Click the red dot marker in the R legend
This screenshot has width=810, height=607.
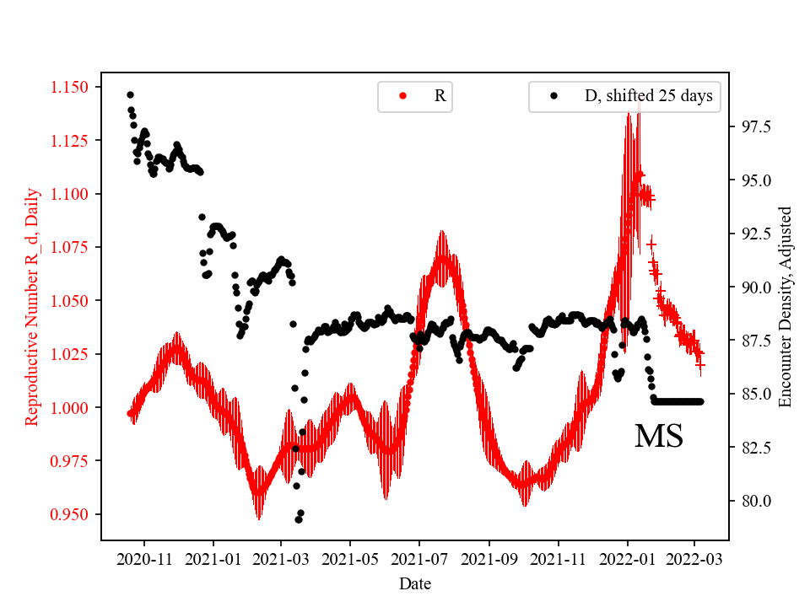point(402,96)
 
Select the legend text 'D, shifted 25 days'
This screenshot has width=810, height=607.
point(648,96)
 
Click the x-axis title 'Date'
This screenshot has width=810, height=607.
point(415,583)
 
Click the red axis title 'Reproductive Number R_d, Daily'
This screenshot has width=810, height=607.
point(33,306)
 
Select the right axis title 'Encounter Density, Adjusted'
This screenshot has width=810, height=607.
point(786,306)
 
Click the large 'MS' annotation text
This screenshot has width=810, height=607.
point(658,436)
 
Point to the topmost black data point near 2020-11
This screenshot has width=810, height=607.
point(130,94)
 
